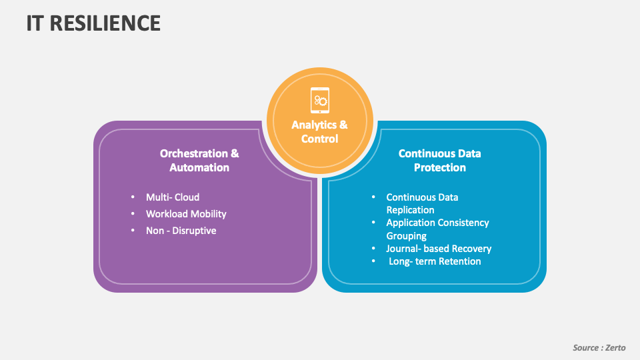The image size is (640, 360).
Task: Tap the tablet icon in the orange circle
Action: pyautogui.click(x=320, y=100)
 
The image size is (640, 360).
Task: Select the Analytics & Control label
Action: pyautogui.click(x=320, y=131)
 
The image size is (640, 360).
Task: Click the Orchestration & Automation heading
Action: pyautogui.click(x=199, y=160)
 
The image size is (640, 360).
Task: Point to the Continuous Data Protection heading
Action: pyautogui.click(x=439, y=160)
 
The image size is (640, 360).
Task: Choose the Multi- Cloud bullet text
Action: pyautogui.click(x=173, y=197)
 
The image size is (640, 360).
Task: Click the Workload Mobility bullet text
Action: pyautogui.click(x=186, y=214)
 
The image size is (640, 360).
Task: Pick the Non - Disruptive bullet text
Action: pyautogui.click(x=181, y=231)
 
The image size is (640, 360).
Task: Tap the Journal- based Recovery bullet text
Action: pyautogui.click(x=439, y=249)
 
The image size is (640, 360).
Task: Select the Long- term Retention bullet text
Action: pyautogui.click(x=435, y=261)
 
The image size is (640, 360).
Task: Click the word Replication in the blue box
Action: pyautogui.click(x=410, y=210)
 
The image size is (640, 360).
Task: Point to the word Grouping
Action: pyautogui.click(x=406, y=236)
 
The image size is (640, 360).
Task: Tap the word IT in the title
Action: pyautogui.click(x=35, y=23)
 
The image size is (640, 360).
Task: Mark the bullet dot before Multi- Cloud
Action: pyautogui.click(x=133, y=197)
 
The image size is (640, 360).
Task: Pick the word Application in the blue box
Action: pyautogui.click(x=411, y=223)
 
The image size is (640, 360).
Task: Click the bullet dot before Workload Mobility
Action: pyautogui.click(x=133, y=214)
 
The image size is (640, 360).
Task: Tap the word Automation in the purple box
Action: pyautogui.click(x=199, y=167)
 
